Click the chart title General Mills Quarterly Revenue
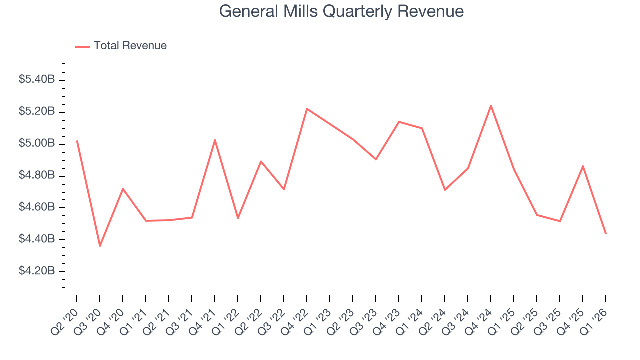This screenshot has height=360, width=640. pyautogui.click(x=341, y=11)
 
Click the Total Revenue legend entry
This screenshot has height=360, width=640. pyautogui.click(x=130, y=46)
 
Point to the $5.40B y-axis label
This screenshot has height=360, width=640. pyautogui.click(x=37, y=79)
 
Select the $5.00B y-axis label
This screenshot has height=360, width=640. pyautogui.click(x=37, y=144)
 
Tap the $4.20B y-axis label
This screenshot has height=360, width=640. pyautogui.click(x=37, y=271)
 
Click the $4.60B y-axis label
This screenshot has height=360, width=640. pyautogui.click(x=37, y=207)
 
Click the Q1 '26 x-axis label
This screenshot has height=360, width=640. pyautogui.click(x=595, y=318)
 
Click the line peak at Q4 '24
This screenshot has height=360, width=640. pyautogui.click(x=491, y=105)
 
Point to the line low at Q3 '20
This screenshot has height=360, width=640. pyautogui.click(x=100, y=246)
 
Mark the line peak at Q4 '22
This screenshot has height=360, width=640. pyautogui.click(x=307, y=109)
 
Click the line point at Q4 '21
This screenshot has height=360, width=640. pyautogui.click(x=215, y=140)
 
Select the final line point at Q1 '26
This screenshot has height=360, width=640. pyautogui.click(x=606, y=234)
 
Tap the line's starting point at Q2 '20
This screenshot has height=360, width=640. pyautogui.click(x=77, y=141)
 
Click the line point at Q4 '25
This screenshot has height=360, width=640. pyautogui.click(x=583, y=166)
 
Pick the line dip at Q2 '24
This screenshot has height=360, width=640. pyautogui.click(x=445, y=190)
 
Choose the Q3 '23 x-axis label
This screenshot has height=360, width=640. pyautogui.click(x=365, y=318)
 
